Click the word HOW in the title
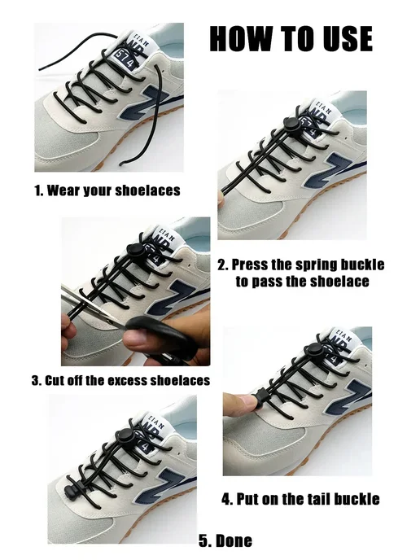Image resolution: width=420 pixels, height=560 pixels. pos(241,38)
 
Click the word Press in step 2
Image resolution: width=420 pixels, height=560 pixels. pos(250,265)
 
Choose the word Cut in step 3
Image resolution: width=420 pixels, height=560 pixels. pos(52,380)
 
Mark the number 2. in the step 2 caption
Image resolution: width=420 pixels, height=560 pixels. pos(223,265)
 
